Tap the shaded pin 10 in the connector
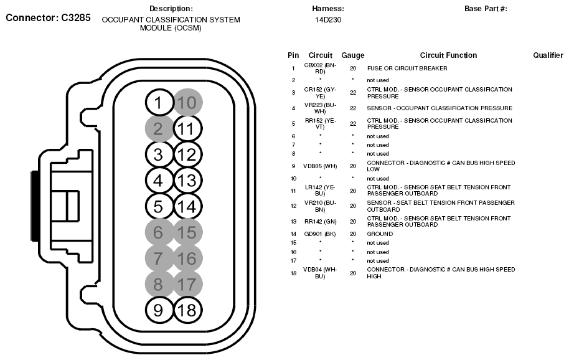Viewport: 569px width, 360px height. (x=188, y=102)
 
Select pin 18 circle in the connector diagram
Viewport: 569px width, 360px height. (x=187, y=310)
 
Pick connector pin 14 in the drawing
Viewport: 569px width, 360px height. (x=187, y=207)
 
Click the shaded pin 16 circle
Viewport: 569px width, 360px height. (x=187, y=258)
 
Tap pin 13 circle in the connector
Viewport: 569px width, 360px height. (x=187, y=181)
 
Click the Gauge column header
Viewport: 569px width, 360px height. (x=353, y=55)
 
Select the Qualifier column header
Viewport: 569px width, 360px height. (x=548, y=55)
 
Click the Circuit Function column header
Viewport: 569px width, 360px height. (x=448, y=55)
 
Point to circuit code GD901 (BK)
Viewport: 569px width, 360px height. (x=320, y=234)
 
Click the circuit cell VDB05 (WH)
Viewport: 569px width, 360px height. (x=320, y=166)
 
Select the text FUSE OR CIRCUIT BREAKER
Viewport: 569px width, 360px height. (x=407, y=69)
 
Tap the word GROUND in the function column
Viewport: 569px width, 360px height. (x=380, y=234)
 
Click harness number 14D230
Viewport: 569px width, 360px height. (x=328, y=20)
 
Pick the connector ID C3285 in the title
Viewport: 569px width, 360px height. (x=76, y=17)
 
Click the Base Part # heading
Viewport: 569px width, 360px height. (x=486, y=9)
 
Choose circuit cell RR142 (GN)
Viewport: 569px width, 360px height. (x=320, y=222)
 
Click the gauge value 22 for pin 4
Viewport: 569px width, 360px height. (x=353, y=108)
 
